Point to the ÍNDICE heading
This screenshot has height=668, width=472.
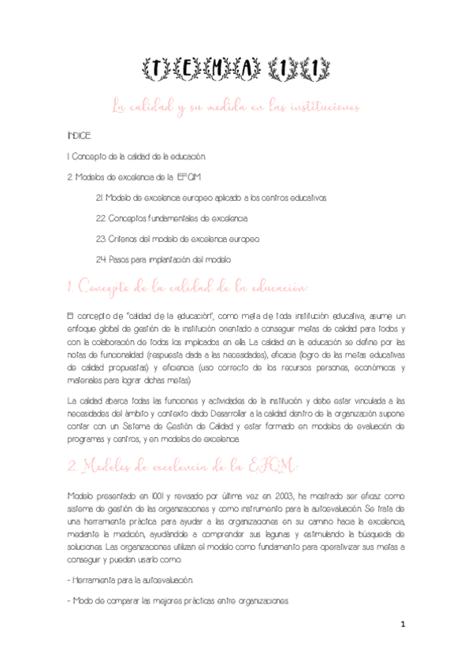click(80, 136)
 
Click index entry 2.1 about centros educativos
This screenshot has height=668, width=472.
click(210, 196)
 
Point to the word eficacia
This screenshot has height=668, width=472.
click(279, 354)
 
